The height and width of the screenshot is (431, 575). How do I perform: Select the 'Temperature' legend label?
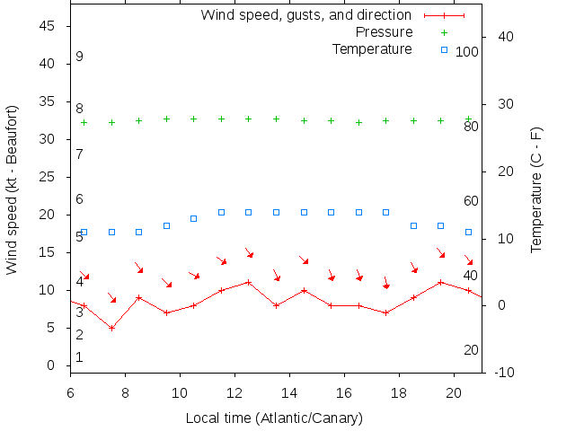pos(372,48)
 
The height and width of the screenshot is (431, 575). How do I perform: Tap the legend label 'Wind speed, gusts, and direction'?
pos(305,15)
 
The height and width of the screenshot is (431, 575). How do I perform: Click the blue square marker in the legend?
pos(444,49)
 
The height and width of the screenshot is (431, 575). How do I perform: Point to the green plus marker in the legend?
pos(444,32)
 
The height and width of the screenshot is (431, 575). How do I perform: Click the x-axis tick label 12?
pos(234,391)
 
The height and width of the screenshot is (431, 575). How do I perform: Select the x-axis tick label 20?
pos(454,391)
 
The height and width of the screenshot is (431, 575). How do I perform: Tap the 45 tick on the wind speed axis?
pos(49,27)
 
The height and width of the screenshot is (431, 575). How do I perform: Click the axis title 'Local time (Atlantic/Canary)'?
pos(274,418)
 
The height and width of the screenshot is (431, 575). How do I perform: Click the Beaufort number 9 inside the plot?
pos(80,57)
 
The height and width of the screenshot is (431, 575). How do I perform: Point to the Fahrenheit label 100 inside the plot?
pos(467,52)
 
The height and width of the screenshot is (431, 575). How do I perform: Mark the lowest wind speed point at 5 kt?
pos(111,328)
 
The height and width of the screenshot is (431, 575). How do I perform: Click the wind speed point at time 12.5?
pos(249,282)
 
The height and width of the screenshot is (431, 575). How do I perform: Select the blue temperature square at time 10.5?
pos(193,218)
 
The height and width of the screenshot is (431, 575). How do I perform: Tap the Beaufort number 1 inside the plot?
pos(80,357)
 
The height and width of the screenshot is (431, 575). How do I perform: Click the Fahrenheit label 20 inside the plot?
pos(471,350)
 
